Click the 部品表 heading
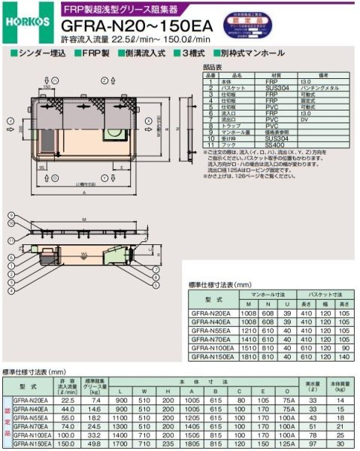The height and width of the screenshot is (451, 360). pos(213,67)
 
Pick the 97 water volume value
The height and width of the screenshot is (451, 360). pos(313,443)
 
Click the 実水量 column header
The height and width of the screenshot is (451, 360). pos(313,386)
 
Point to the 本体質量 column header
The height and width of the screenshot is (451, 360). pos(340,386)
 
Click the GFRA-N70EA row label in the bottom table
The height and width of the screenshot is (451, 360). pos(31,425)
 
